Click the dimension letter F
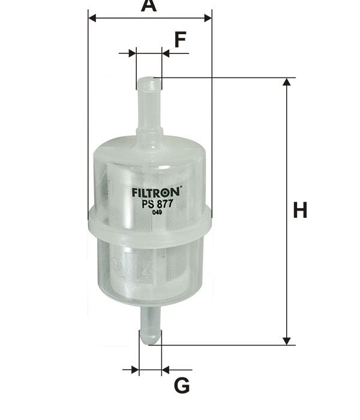(x=180, y=40)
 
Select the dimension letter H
(x=300, y=211)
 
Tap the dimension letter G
(x=182, y=385)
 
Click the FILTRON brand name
(x=154, y=194)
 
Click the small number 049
(x=157, y=212)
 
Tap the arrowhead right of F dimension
(x=166, y=53)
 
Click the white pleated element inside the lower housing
(x=150, y=264)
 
